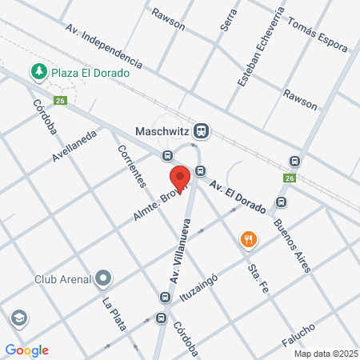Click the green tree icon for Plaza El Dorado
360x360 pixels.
pyautogui.click(x=38, y=72)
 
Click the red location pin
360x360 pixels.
pyautogui.click(x=180, y=178)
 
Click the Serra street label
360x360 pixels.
pyautogui.click(x=226, y=21)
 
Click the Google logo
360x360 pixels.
pyautogui.click(x=26, y=350)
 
